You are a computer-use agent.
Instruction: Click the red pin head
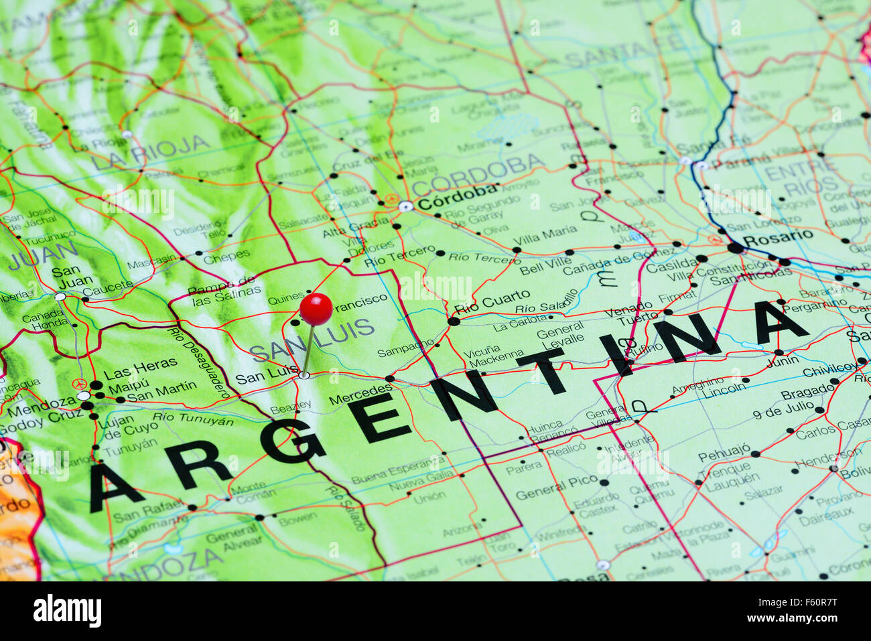tap(316, 309)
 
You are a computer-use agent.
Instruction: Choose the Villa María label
tap(545, 233)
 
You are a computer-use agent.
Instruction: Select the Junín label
tap(783, 361)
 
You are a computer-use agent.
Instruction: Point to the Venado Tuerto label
tap(628, 316)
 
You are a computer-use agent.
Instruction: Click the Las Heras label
tap(141, 367)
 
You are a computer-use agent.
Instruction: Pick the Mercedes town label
tap(360, 395)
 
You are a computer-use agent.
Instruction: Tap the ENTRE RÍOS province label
tap(801, 177)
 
